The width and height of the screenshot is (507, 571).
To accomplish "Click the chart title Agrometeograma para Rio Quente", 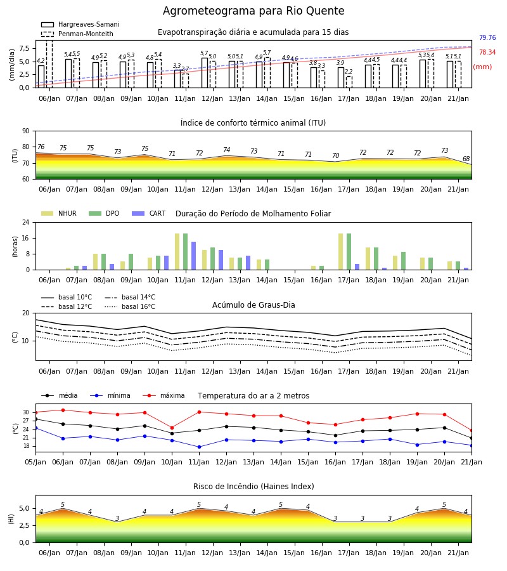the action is click(253, 11).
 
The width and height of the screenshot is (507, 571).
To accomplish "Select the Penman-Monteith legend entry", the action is click(77, 34).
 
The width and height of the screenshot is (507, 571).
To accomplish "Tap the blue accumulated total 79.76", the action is click(487, 37).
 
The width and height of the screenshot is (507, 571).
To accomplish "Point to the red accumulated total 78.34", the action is click(487, 52).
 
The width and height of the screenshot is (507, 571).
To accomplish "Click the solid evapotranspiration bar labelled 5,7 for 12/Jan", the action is click(205, 73).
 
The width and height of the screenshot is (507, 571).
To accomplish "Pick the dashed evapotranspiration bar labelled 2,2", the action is click(349, 82).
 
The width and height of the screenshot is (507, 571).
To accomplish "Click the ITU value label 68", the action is click(466, 159).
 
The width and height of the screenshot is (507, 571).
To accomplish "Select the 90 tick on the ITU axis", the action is click(26, 131).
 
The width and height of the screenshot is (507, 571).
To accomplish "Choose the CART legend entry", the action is click(149, 213).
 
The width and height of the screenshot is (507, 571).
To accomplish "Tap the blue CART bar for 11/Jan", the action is click(193, 256).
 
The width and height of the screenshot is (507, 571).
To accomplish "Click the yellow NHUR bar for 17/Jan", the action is click(341, 252).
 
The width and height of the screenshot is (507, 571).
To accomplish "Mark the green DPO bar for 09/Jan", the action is click(131, 262).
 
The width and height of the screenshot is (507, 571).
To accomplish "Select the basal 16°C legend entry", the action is click(130, 306).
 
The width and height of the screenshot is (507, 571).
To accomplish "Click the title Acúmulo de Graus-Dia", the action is click(253, 305).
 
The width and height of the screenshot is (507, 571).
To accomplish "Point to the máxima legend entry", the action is click(164, 395).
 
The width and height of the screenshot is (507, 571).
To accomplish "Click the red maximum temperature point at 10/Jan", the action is click(172, 428).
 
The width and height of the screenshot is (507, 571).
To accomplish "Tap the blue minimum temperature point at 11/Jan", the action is click(199, 447).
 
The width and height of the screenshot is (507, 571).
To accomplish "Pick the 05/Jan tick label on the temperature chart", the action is click(35, 462).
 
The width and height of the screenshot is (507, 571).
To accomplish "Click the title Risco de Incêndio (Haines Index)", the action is click(253, 487).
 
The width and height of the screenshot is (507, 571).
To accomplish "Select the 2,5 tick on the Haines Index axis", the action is click(25, 525).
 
